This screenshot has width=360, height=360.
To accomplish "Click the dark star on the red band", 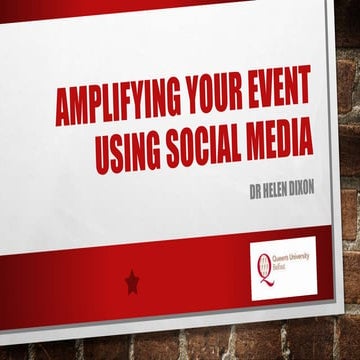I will coord(132,283).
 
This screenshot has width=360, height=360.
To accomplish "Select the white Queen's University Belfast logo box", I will coord(283,268).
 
